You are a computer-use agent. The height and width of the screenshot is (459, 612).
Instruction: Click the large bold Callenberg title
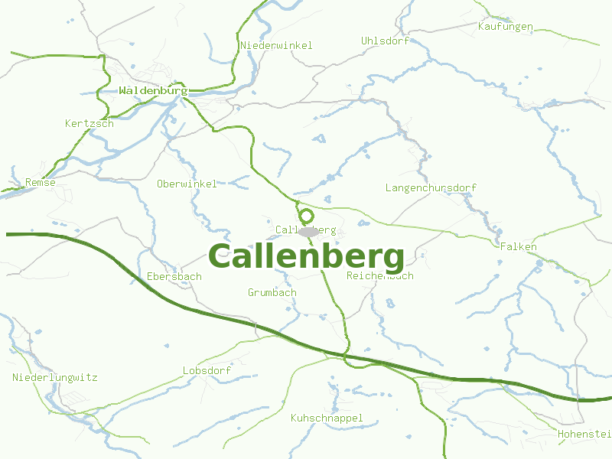(x=306, y=257)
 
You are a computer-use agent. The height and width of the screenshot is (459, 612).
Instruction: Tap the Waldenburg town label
(x=153, y=90)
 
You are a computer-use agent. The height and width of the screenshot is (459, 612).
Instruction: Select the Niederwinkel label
(x=276, y=46)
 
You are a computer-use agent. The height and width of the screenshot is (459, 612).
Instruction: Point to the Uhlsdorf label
(x=385, y=41)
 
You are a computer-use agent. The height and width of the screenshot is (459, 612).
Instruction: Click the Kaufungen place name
(x=505, y=27)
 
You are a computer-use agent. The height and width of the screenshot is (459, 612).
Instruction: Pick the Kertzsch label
(x=90, y=123)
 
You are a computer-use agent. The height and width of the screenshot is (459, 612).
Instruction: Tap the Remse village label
(x=41, y=182)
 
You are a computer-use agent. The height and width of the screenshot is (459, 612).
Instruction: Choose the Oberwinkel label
(x=187, y=184)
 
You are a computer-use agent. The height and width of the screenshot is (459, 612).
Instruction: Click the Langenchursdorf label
(x=431, y=187)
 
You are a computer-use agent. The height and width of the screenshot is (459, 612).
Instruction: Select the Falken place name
(x=518, y=247)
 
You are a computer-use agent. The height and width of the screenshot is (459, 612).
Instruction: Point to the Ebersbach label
(x=174, y=276)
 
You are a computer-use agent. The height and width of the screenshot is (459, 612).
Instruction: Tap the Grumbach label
(x=272, y=292)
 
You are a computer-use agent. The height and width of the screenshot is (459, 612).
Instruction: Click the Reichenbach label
(x=380, y=275)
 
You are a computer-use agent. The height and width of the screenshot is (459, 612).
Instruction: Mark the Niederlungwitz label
(x=55, y=377)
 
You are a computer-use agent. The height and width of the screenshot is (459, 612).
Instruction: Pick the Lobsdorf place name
(x=207, y=371)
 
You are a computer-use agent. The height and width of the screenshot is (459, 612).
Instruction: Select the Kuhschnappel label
(x=327, y=418)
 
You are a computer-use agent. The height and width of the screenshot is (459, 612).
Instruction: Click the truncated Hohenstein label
(x=584, y=434)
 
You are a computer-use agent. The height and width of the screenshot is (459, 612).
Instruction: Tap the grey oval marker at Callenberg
(x=308, y=231)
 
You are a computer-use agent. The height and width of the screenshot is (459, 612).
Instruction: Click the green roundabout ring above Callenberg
(x=305, y=216)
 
